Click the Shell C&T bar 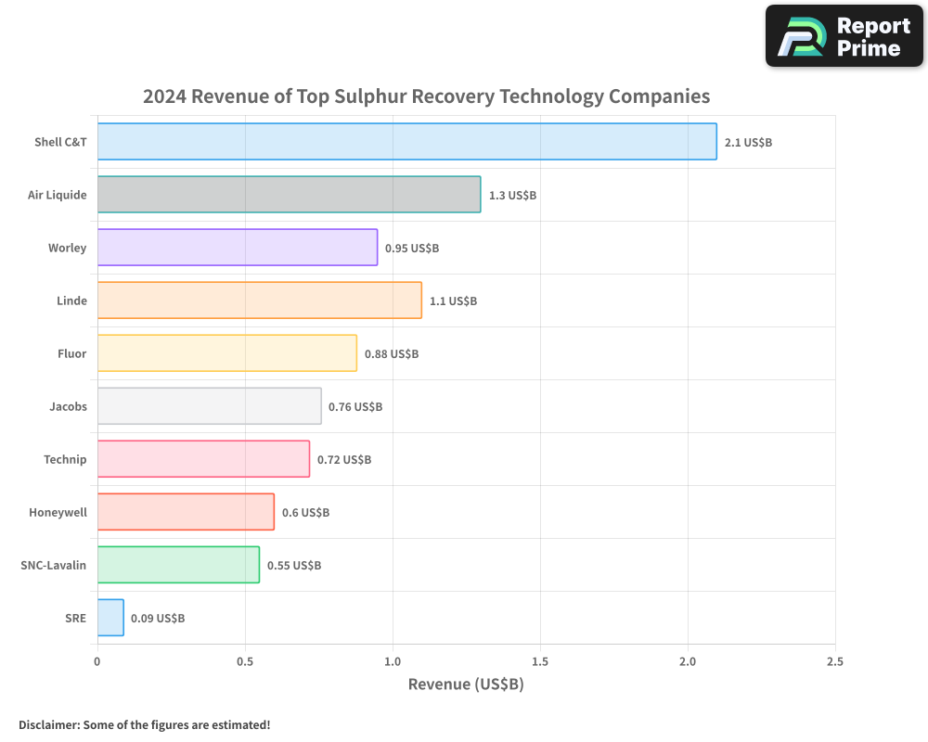tap(406, 142)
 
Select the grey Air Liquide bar tap(289, 195)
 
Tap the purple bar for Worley tap(237, 248)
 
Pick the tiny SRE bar tap(110, 618)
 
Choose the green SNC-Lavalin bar tap(178, 565)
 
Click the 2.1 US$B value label tap(748, 143)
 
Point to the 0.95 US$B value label tap(412, 249)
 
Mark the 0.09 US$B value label tap(158, 619)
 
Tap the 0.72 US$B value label tap(344, 460)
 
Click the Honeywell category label tap(58, 512)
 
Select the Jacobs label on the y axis tap(68, 406)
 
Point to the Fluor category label tap(71, 353)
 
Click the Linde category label tap(71, 301)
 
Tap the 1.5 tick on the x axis tap(540, 662)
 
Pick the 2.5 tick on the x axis tap(835, 662)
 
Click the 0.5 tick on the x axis tap(245, 662)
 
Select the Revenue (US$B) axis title tap(466, 684)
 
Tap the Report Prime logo tap(844, 36)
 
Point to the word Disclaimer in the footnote tap(47, 725)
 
